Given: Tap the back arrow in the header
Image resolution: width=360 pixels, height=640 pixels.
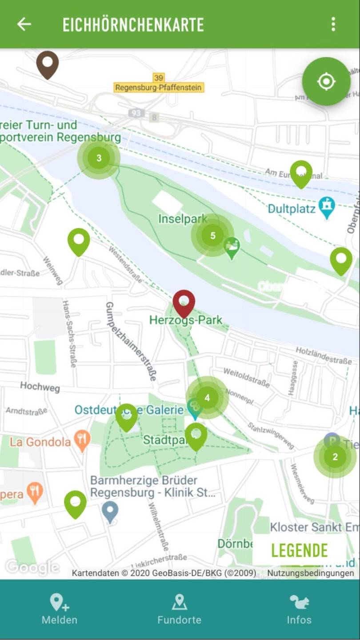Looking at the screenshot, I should coord(24,24).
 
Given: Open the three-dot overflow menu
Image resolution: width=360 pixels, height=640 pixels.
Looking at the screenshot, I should coord(333,24).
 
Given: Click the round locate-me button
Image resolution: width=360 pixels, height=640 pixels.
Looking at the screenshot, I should coord(326,81).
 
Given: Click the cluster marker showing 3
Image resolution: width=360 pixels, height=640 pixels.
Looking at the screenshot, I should coord(99,158).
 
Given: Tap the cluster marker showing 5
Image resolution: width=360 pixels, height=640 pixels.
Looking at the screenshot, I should coord(212,235).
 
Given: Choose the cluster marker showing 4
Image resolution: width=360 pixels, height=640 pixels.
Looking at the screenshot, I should coord(207,398).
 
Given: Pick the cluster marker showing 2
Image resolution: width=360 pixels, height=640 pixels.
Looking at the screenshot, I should coord(335,456).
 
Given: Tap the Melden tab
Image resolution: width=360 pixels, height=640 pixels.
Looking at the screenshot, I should coord(60,609).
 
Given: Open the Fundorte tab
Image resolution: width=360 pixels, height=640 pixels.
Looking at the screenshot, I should coord(179,609).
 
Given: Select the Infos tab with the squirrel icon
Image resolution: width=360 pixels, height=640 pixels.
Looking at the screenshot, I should coord(299,609).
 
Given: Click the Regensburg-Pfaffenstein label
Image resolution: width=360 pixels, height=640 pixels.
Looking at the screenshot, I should coord(159,88).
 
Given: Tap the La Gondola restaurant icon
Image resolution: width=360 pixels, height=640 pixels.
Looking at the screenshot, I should coord(82,440).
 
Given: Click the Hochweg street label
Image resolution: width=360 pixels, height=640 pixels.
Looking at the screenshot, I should coord(40,387).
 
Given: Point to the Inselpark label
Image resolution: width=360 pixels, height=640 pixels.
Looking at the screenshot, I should coord(183,219).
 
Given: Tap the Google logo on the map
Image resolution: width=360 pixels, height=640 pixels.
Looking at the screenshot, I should coord(32,567).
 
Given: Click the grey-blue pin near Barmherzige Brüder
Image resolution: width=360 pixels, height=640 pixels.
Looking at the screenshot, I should coord(110,511).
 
